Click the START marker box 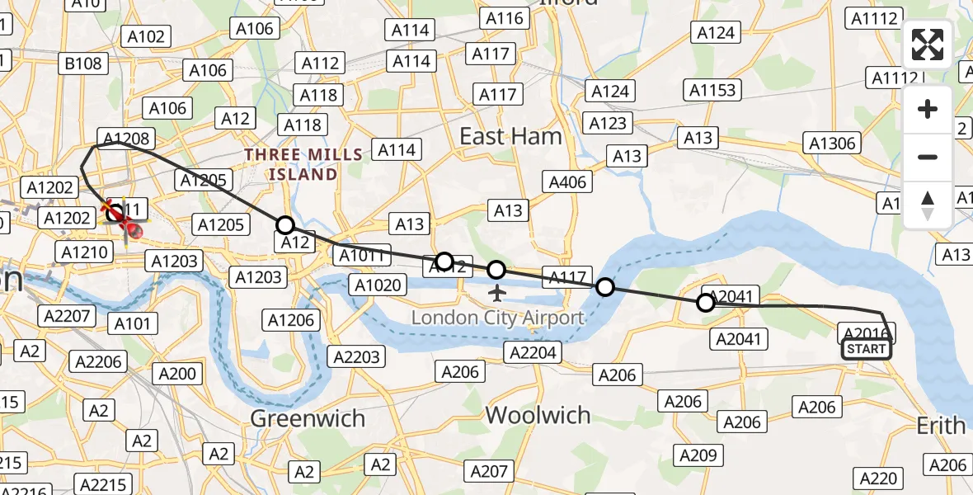866,349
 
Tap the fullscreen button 928,45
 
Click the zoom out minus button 928,157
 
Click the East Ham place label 510,136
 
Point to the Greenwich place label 307,418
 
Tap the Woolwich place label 538,414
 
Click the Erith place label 941,426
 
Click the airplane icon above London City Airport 496,293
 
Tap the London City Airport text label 497,318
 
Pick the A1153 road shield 713,90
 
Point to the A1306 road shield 832,144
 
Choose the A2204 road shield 534,352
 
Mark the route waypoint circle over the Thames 605,287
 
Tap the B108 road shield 83,64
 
